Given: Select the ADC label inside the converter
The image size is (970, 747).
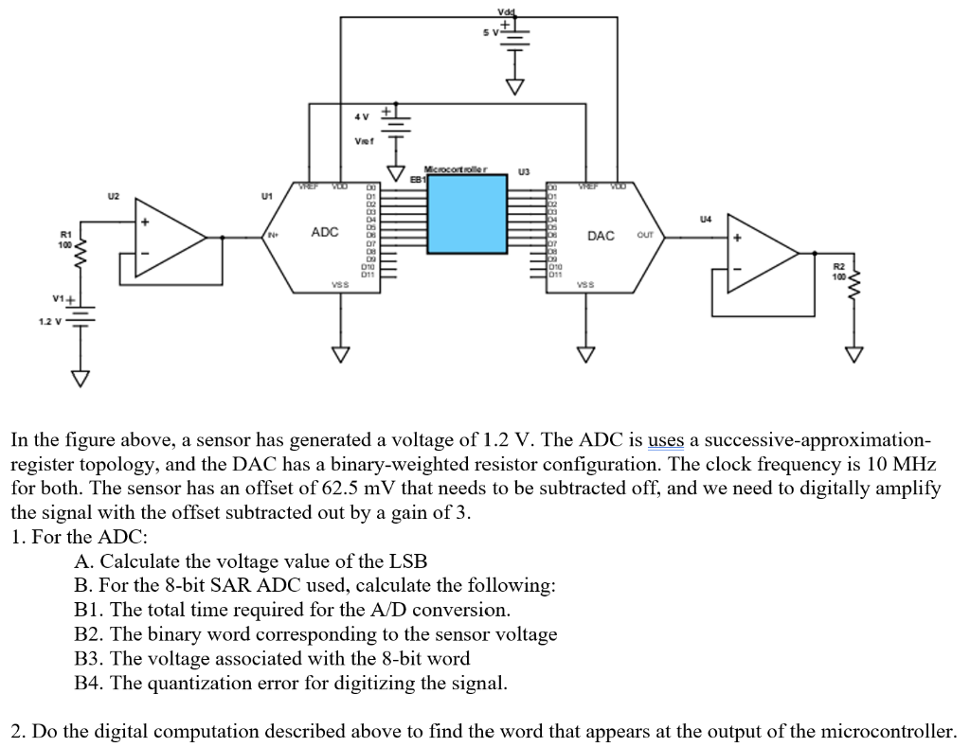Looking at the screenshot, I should pos(325,232).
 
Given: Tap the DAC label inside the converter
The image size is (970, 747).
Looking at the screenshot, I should pos(602,235).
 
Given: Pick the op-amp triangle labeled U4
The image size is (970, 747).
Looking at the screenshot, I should pos(763,253).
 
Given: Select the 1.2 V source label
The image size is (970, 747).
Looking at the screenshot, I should pos(50,320).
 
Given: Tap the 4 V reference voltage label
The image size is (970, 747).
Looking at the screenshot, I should pos(361,116).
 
